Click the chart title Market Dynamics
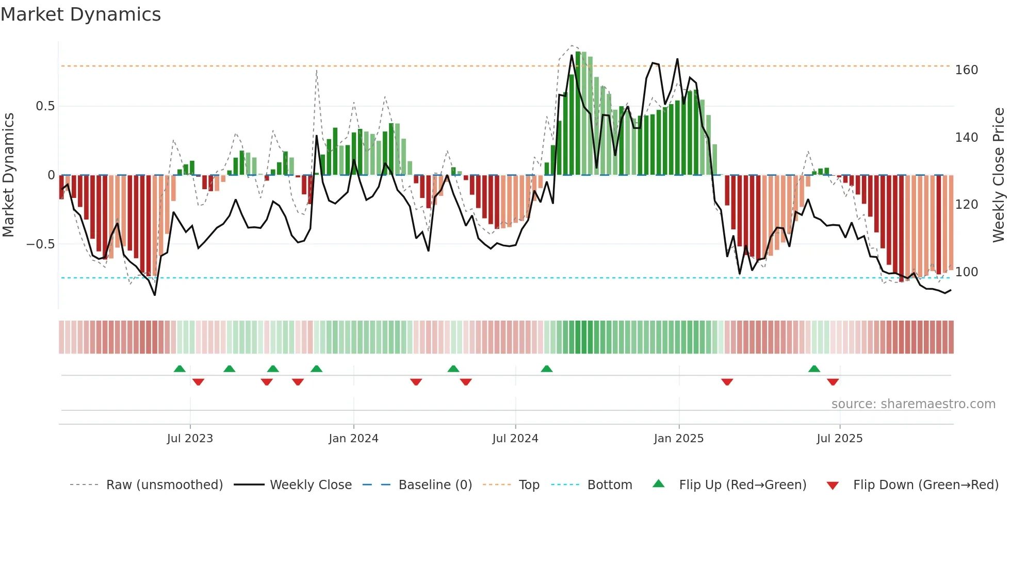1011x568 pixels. pyautogui.click(x=80, y=14)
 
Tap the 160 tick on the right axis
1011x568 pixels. pyautogui.click(x=966, y=70)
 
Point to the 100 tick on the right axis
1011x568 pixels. pyautogui.click(x=966, y=272)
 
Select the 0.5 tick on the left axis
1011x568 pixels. pyautogui.click(x=45, y=106)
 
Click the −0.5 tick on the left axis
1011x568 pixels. pyautogui.click(x=41, y=244)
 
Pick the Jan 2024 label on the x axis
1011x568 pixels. pyautogui.click(x=353, y=439)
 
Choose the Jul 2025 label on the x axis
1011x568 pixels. pyautogui.click(x=839, y=439)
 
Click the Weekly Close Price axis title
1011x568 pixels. pyautogui.click(x=999, y=175)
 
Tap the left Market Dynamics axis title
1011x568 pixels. pyautogui.click(x=8, y=175)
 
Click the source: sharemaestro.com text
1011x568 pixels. pyautogui.click(x=913, y=404)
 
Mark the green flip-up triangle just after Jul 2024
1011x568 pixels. pyautogui.click(x=547, y=369)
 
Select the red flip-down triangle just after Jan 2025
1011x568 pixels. pyautogui.click(x=727, y=382)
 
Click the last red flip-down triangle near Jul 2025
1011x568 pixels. pyautogui.click(x=833, y=382)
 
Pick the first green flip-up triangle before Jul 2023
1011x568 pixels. pyautogui.click(x=180, y=369)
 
